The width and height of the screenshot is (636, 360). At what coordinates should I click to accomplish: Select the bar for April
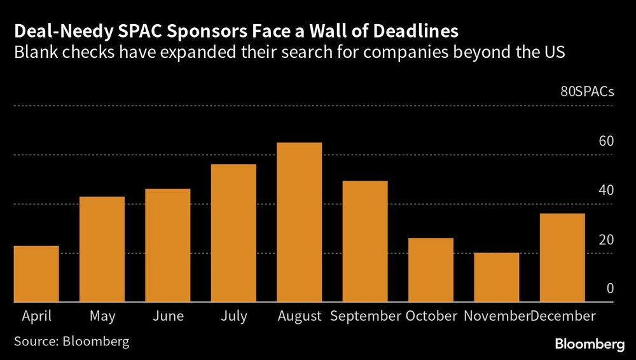click(x=36, y=274)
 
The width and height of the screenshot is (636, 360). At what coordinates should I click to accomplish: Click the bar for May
click(x=102, y=249)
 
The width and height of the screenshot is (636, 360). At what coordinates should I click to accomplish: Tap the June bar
click(x=168, y=246)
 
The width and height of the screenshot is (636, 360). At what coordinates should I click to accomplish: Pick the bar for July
click(x=233, y=233)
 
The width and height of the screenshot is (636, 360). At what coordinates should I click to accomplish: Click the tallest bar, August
click(x=299, y=223)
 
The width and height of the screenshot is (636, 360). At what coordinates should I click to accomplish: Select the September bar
click(x=365, y=242)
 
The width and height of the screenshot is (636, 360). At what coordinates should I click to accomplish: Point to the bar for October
click(x=431, y=270)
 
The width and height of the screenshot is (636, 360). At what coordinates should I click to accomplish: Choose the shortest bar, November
click(x=497, y=277)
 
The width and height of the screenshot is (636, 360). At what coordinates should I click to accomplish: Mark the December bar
click(x=562, y=258)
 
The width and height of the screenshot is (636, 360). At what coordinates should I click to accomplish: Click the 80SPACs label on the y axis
click(x=587, y=92)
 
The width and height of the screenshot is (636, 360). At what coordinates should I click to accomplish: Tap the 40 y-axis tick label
click(x=606, y=190)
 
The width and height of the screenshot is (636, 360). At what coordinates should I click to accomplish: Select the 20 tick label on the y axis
click(x=606, y=240)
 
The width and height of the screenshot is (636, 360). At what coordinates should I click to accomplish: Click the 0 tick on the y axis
click(x=610, y=289)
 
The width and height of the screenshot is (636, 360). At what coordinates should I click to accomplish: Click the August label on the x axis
click(x=299, y=316)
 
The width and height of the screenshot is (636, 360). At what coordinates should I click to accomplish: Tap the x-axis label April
click(x=36, y=316)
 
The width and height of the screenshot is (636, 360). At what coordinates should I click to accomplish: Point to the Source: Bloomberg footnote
click(x=71, y=342)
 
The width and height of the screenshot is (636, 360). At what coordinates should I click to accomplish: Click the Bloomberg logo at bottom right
click(x=590, y=344)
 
